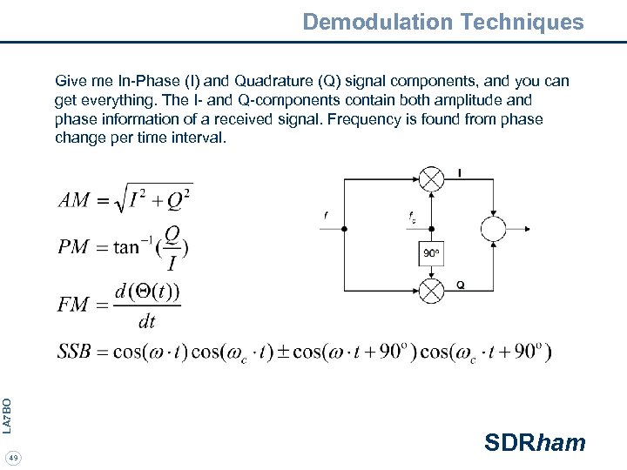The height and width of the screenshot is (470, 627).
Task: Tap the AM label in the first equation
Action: tap(74, 200)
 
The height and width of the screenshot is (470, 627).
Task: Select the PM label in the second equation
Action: tap(73, 246)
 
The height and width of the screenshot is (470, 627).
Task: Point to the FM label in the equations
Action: tap(73, 305)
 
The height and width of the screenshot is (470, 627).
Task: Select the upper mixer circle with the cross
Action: tap(431, 178)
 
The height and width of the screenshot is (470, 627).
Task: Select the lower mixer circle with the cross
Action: tap(431, 290)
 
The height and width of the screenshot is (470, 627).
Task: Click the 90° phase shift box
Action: tap(431, 253)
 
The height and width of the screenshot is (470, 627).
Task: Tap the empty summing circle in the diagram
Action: tap(493, 229)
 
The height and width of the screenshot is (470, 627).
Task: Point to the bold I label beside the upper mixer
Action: tap(459, 173)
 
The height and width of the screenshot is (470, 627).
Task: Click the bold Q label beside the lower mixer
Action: tap(460, 285)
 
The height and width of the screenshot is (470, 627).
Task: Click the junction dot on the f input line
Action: tap(344, 229)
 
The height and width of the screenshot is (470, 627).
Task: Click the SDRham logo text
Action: tap(535, 443)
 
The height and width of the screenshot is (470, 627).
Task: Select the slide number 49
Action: tap(13, 458)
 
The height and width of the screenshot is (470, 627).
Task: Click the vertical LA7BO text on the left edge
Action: tap(7, 415)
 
